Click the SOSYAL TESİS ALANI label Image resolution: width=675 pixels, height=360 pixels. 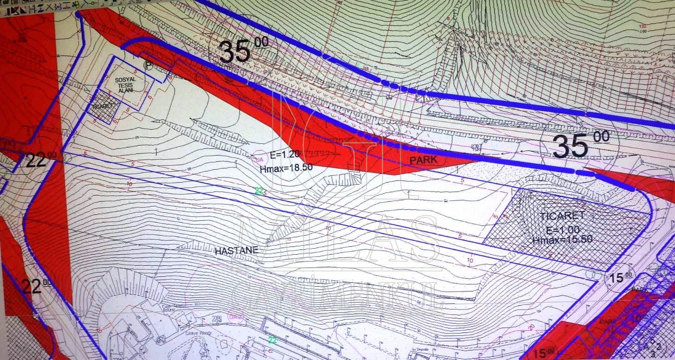click(125, 84)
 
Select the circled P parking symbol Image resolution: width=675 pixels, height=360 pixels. click(148, 66)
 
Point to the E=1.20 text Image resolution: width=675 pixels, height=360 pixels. click(285, 155)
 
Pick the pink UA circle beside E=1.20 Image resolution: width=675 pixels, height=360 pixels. click(257, 159)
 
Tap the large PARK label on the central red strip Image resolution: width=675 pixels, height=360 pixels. click(423, 160)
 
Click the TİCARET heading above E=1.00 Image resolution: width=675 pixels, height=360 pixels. click(562, 216)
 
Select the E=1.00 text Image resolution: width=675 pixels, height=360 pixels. click(562, 230)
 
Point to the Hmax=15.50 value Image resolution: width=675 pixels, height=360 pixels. click(562, 240)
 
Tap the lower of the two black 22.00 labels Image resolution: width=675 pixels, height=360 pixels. click(37, 286)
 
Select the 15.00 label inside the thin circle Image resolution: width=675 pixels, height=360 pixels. click(620, 278)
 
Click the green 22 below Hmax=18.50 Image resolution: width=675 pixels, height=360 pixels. click(259, 190)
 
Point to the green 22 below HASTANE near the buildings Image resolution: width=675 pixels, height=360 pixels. click(273, 340)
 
